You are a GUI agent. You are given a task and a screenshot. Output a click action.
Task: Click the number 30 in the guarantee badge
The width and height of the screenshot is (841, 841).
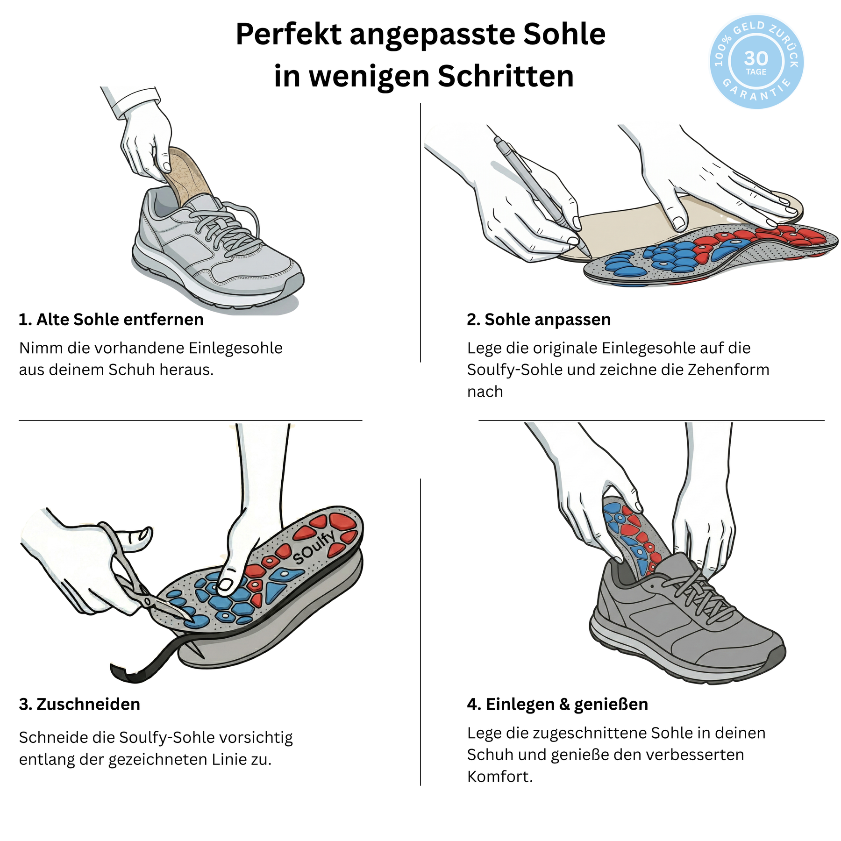coord(756,58)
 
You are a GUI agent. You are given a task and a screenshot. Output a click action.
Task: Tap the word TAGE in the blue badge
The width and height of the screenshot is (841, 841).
coord(756,72)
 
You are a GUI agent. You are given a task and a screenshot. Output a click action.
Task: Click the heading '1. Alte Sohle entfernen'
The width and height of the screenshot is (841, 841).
coord(111,320)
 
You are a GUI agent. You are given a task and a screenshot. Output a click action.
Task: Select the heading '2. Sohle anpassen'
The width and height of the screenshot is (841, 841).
coord(539,320)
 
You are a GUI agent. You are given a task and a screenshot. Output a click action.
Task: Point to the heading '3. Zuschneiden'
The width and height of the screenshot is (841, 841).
coord(79,704)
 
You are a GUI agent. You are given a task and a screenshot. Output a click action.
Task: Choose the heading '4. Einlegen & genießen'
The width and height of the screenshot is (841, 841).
coord(557,704)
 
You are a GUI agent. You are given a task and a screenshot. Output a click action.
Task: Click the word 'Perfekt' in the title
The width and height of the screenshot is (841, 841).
coord(289,34)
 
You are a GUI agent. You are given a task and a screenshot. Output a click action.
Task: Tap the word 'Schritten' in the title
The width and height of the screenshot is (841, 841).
coord(506,76)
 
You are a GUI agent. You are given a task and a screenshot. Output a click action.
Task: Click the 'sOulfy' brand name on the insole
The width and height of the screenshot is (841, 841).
coord(314,547)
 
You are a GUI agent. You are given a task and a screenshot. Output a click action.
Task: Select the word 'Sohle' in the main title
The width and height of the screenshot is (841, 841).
coord(564,34)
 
